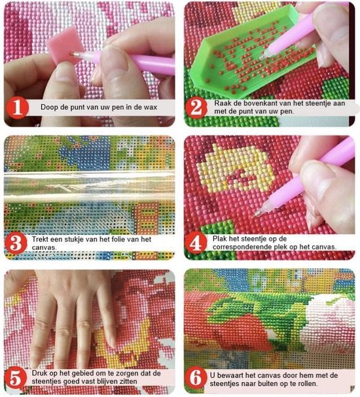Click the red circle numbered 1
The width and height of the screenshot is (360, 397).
tap(17, 108)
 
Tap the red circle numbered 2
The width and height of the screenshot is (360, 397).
tap(196, 108)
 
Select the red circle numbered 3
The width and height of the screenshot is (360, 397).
tap(16, 243)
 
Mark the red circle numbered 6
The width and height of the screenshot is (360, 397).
tap(195, 378)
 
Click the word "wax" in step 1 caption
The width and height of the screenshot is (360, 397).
tap(151, 107)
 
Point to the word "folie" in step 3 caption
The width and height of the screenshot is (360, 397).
tap(122, 239)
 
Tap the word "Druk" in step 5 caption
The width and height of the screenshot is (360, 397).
tap(39, 373)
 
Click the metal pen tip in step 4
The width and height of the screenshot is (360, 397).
tap(258, 213)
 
